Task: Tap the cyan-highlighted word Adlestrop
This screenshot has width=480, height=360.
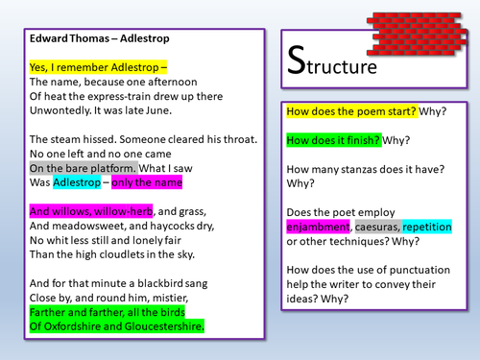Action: (x=80, y=180)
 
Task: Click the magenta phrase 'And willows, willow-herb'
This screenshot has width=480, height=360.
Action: (x=89, y=210)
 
